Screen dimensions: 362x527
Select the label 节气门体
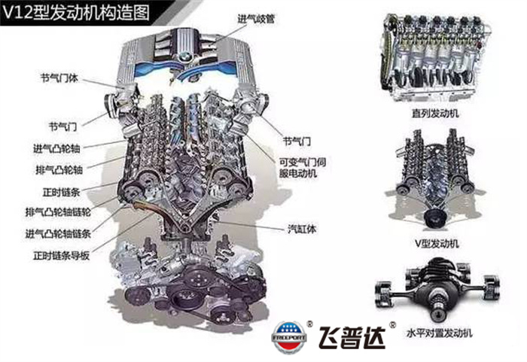pyautogui.click(x=59, y=78)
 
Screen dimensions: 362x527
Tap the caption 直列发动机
pyautogui.click(x=436, y=114)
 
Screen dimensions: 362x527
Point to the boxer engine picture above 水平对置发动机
pyautogui.click(x=436, y=289)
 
